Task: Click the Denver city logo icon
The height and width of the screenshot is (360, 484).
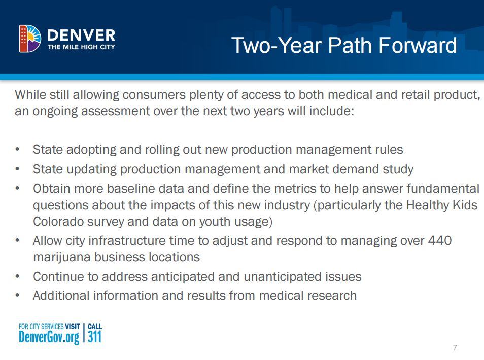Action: coord(30,39)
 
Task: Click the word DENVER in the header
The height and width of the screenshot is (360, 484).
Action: coord(81,35)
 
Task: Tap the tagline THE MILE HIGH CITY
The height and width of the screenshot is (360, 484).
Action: coord(81,47)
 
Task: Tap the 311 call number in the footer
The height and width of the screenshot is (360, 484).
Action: coord(95,337)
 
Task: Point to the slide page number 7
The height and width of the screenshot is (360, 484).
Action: coord(455,348)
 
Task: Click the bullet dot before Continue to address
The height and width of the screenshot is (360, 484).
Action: coord(18,277)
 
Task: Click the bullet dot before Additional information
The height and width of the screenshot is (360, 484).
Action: coord(18,295)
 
